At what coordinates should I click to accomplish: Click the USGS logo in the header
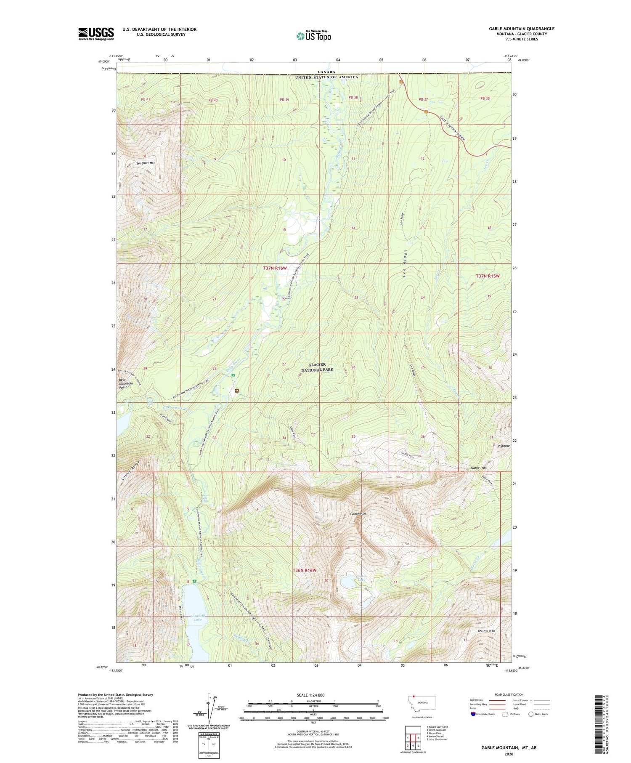click(x=96, y=34)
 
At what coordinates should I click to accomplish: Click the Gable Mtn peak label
click(x=358, y=514)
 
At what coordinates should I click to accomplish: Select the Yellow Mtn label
click(x=486, y=631)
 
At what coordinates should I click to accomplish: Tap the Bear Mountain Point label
click(x=126, y=383)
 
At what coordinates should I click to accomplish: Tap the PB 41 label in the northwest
click(x=146, y=99)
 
